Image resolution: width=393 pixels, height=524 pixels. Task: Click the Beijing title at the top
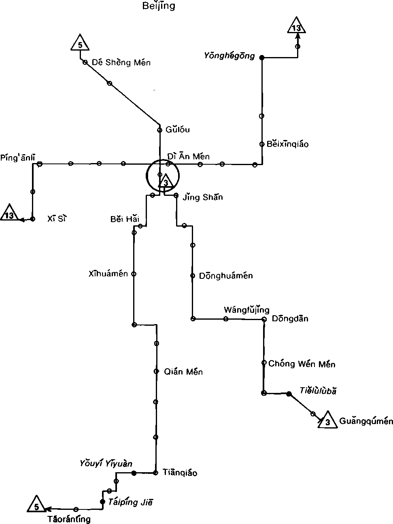click(159, 6)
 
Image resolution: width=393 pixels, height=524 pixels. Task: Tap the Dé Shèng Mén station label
click(121, 62)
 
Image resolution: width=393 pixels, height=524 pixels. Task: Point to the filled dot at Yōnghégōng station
click(262, 57)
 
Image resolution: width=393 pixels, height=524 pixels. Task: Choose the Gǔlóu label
click(178, 129)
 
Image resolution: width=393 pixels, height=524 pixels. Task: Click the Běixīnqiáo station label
click(287, 144)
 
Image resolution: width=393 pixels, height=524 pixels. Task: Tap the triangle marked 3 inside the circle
click(165, 182)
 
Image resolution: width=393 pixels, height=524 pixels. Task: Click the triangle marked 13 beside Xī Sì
click(9, 215)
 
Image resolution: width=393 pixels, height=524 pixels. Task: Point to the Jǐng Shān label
click(203, 197)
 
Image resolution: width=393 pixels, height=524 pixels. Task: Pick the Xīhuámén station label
click(108, 274)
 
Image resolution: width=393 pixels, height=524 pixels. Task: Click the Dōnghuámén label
click(226, 276)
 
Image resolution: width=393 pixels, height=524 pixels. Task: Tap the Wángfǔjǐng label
click(246, 310)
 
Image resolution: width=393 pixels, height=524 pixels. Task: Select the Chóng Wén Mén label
click(302, 364)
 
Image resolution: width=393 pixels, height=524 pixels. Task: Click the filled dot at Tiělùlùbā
click(289, 394)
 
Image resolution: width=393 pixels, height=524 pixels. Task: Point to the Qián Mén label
click(183, 371)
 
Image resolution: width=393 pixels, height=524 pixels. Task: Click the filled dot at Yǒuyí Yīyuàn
click(134, 473)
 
